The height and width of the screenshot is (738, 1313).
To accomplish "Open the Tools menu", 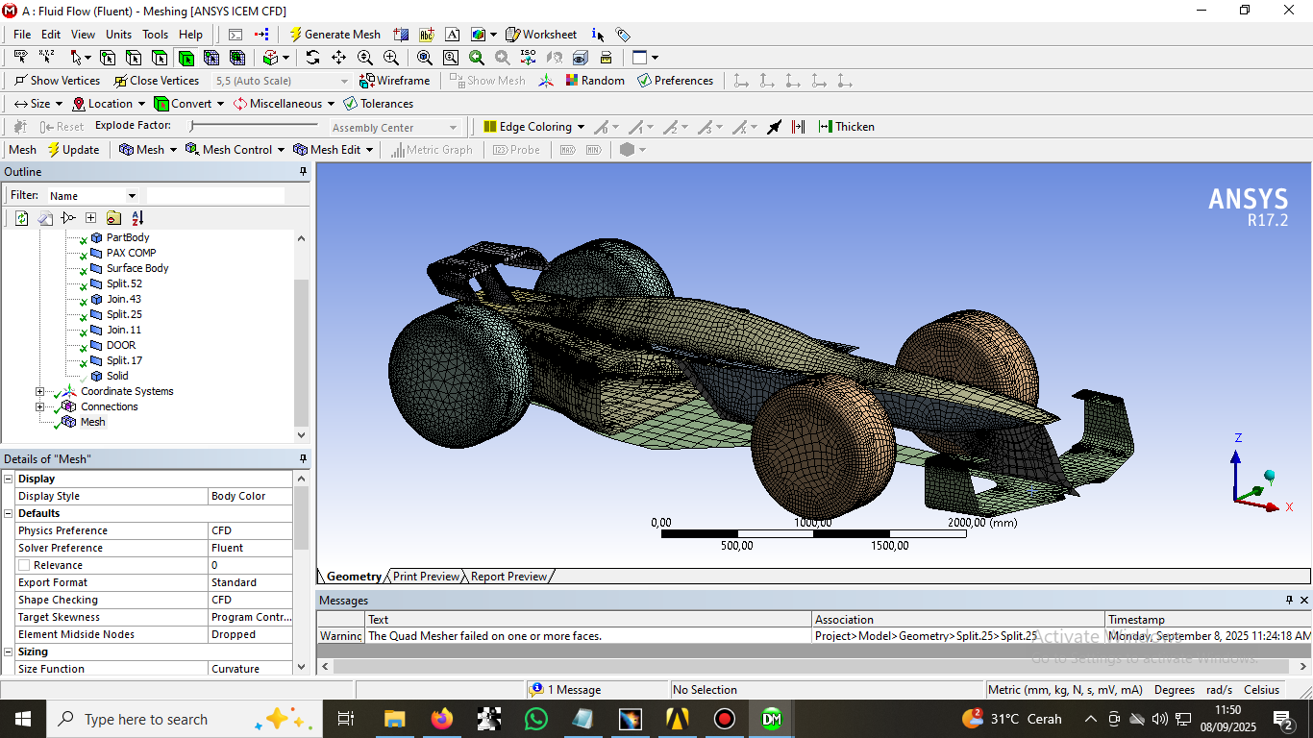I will click(x=155, y=35).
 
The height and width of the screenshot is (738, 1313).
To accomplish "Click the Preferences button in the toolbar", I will click(x=675, y=81).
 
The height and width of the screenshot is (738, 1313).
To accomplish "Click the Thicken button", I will click(x=846, y=127).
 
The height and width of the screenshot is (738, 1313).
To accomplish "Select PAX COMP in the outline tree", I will click(x=131, y=253).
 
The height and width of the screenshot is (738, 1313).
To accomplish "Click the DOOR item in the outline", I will click(x=121, y=345).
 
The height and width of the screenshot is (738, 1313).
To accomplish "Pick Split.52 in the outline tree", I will click(x=124, y=283).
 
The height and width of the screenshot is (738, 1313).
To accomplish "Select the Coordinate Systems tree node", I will click(x=127, y=391).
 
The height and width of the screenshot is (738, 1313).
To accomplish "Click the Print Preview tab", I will click(x=426, y=577).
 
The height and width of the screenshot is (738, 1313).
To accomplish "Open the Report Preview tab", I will click(x=508, y=577).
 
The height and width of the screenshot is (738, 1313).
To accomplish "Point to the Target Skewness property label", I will click(x=59, y=617).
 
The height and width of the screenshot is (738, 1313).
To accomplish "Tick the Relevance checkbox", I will click(x=24, y=565).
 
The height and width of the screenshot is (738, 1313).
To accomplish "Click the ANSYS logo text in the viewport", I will click(x=1248, y=200).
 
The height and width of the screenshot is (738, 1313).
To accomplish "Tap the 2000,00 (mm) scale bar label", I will click(x=981, y=523).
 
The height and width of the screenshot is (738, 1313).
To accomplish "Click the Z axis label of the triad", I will click(x=1238, y=438).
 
